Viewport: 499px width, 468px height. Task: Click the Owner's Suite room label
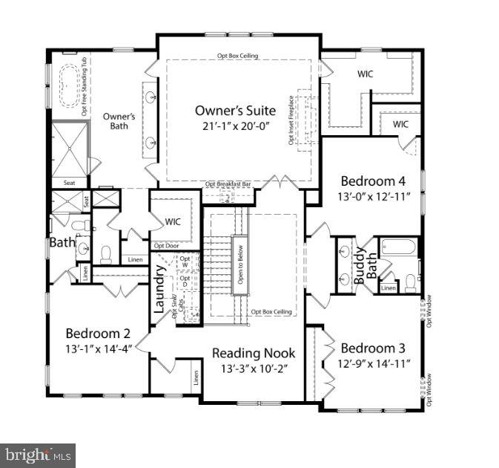click(235, 111)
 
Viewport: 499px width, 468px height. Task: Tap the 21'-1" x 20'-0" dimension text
click(235, 126)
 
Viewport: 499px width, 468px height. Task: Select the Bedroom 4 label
click(372, 181)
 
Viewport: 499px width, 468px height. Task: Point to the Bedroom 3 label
click(372, 348)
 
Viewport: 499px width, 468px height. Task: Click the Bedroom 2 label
click(98, 333)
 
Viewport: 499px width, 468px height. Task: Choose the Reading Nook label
click(254, 353)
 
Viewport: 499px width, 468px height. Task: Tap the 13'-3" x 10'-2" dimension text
click(254, 368)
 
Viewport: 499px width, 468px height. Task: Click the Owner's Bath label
click(119, 121)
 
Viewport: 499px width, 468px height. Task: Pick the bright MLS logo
click(37, 454)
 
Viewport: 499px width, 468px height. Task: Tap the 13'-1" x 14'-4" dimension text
click(98, 348)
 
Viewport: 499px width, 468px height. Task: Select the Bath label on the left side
click(62, 242)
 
